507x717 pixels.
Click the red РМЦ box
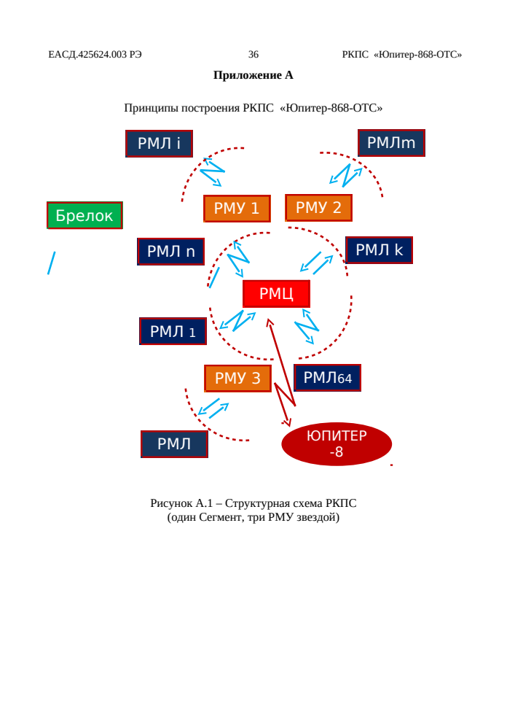[276, 293]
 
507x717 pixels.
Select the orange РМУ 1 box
[237, 209]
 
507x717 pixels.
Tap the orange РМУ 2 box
[318, 208]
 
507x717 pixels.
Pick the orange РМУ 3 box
[237, 378]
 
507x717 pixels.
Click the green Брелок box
[84, 215]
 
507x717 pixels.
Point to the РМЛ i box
[159, 144]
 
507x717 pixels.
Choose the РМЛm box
[391, 143]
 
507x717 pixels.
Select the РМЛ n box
[171, 252]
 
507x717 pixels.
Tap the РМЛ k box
[379, 250]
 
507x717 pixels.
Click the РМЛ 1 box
[173, 331]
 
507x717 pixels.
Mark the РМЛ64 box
[328, 378]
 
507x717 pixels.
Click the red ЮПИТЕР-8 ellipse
[337, 444]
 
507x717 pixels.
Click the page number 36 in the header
[253, 55]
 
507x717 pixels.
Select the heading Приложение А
[253, 75]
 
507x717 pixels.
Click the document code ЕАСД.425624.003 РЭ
[95, 55]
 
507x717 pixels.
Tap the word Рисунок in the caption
[171, 503]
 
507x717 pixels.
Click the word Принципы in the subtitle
[150, 109]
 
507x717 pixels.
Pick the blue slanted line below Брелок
[52, 263]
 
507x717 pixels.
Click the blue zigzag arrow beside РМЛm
[346, 175]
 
